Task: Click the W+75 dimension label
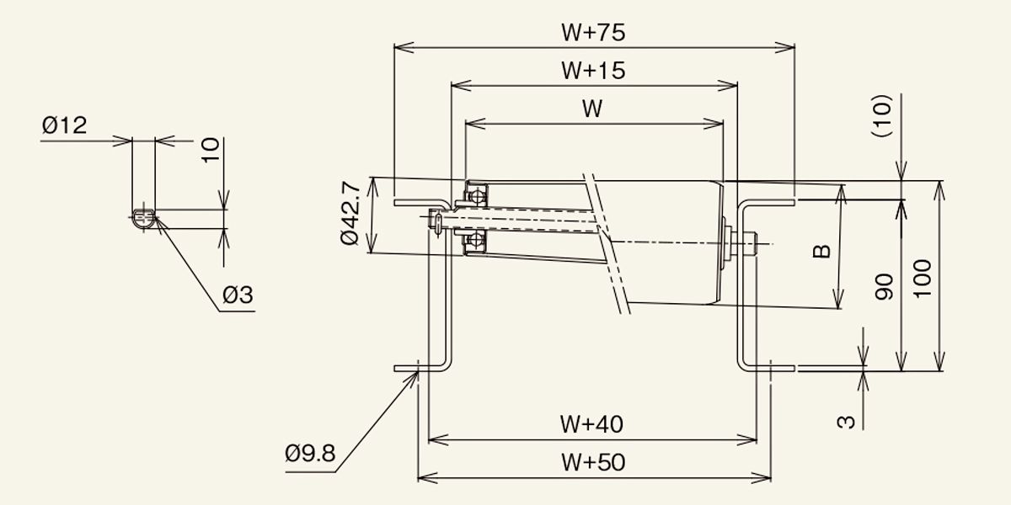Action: click(593, 33)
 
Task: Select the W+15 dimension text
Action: click(593, 71)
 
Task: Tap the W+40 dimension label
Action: click(591, 424)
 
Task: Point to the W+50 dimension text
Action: click(593, 463)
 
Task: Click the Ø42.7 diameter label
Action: click(350, 213)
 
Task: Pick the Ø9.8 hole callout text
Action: click(310, 453)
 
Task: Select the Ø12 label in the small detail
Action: click(64, 125)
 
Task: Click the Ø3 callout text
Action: click(238, 295)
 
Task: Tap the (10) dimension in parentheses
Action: click(881, 115)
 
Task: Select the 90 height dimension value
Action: click(884, 287)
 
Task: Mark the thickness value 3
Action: click(846, 422)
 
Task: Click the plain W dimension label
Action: click(592, 109)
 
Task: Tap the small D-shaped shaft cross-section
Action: click(144, 218)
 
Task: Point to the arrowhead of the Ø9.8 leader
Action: click(416, 372)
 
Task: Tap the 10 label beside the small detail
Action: click(210, 150)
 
